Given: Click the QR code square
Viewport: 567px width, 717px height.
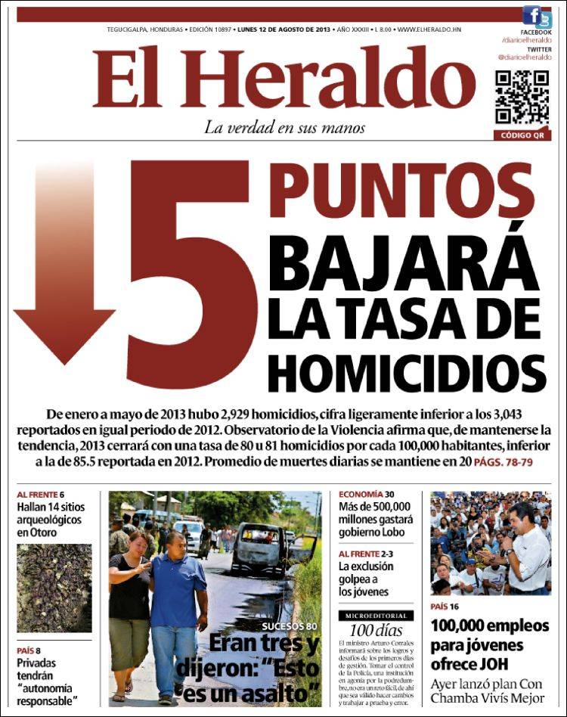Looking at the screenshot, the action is (522, 98).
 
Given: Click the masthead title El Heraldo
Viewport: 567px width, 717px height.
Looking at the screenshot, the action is (283, 79).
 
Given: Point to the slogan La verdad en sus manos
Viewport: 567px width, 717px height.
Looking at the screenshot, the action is (284, 128).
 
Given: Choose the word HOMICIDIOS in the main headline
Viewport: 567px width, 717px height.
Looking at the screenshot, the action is (407, 371).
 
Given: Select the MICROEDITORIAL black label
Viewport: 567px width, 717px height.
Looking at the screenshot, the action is (376, 616).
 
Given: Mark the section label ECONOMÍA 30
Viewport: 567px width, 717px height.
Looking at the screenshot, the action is (361, 494).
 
